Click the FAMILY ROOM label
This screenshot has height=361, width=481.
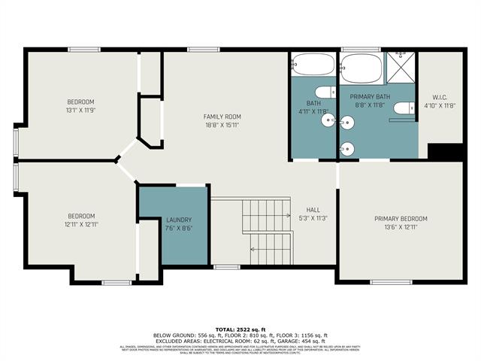(222, 117)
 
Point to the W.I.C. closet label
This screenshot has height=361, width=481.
(440, 96)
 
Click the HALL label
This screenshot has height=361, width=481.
(313, 210)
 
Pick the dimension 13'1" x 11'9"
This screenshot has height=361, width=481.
(80, 110)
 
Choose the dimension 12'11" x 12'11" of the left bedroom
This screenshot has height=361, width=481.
(81, 224)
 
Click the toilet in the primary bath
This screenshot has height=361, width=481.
(404, 108)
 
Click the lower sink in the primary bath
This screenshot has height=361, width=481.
(346, 147)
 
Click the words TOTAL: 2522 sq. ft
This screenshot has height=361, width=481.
(240, 329)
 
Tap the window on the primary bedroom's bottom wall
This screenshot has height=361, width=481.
(391, 282)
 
